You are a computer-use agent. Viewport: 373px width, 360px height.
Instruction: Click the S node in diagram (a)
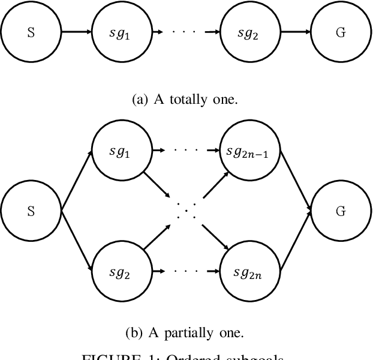(31, 33)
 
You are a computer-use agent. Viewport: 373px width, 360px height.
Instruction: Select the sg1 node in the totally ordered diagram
(122, 33)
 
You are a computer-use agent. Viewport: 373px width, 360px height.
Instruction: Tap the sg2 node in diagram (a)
(251, 33)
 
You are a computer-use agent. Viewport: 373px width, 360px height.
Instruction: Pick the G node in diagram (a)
(341, 33)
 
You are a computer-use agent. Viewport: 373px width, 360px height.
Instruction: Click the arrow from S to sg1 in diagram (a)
(76, 33)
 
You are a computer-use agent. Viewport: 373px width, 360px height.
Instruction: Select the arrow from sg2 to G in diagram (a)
(296, 33)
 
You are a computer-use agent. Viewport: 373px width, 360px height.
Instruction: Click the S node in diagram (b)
(31, 211)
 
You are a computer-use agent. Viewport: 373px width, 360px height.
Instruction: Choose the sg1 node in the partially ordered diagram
(122, 152)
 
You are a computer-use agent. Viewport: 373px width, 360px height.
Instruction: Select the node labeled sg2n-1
(251, 152)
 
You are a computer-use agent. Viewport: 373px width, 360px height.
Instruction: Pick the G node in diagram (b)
(341, 211)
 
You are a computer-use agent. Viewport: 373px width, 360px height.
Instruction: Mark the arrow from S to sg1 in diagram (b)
(77, 181)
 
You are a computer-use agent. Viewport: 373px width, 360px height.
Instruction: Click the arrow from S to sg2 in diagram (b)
(77, 241)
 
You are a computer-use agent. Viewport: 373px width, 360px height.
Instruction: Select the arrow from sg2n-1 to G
(296, 181)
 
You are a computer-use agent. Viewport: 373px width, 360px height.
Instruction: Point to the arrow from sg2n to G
(296, 241)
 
